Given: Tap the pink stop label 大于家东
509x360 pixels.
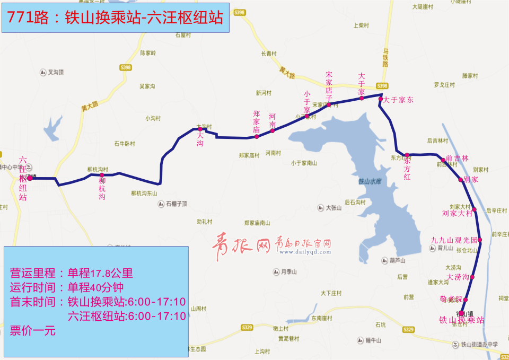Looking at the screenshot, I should pyautogui.click(x=398, y=100).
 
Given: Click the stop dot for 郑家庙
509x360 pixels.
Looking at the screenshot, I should pyautogui.click(x=257, y=136).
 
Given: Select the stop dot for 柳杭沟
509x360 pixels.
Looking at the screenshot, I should pyautogui.click(x=102, y=175).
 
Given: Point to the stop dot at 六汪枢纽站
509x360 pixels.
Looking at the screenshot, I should pyautogui.click(x=30, y=179).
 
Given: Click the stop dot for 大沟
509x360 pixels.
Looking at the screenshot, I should pyautogui.click(x=200, y=129).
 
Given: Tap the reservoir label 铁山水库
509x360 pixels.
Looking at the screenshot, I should pyautogui.click(x=370, y=181).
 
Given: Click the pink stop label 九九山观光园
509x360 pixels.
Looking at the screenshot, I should pyautogui.click(x=454, y=240).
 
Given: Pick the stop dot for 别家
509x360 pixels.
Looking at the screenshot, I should pyautogui.click(x=461, y=180).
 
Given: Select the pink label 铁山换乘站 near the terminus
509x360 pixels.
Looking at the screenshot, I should pyautogui.click(x=461, y=320).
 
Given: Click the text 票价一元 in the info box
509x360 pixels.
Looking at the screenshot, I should pyautogui.click(x=33, y=331).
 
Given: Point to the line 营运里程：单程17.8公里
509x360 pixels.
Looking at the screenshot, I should pyautogui.click(x=72, y=274).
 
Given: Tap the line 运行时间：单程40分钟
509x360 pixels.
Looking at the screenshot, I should pyautogui.click(x=67, y=288).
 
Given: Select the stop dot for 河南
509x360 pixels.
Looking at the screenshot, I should pyautogui.click(x=273, y=130).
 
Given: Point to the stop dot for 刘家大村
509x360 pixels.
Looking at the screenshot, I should pyautogui.click(x=475, y=210).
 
